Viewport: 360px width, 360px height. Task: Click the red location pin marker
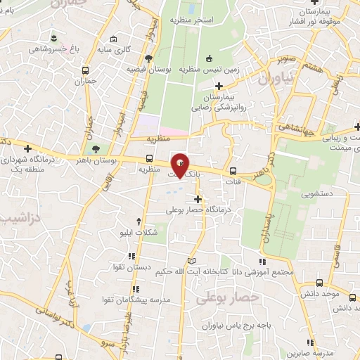[181, 165]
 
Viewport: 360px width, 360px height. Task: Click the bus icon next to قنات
[233, 170]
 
